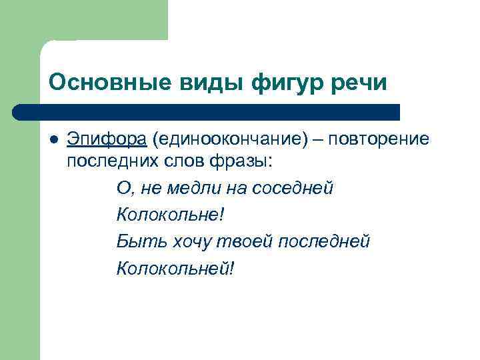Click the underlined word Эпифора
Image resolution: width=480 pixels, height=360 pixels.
point(106,139)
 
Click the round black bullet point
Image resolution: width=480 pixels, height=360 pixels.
point(53,140)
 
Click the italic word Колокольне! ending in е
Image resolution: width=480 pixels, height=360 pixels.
point(171,215)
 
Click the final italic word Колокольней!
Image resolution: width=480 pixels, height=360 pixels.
point(175,268)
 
